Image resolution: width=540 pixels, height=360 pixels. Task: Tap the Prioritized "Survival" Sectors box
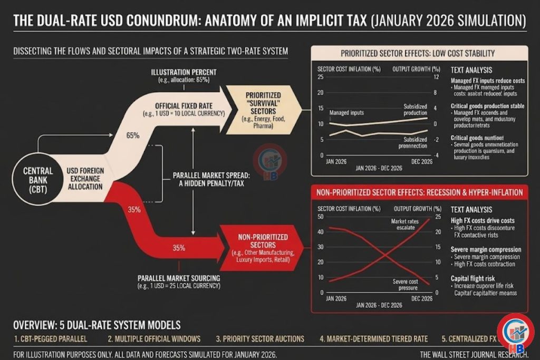[x=259, y=108]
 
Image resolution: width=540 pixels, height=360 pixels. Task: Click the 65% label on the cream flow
[x=133, y=135]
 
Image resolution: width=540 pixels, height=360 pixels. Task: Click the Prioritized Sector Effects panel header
[x=418, y=53]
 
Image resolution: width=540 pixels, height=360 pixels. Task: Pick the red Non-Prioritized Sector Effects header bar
[x=419, y=192]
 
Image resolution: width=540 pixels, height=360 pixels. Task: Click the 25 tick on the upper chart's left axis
[x=320, y=77]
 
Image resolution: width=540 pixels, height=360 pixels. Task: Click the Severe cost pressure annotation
[x=405, y=284]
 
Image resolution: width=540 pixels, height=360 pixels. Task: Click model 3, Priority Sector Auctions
[x=260, y=339]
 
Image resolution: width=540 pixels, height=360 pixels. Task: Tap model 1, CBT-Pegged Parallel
[x=51, y=339]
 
